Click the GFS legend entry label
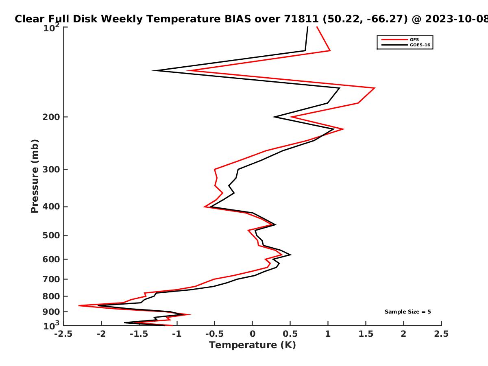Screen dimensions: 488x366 click(x=414, y=39)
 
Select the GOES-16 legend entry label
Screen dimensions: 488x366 click(x=420, y=45)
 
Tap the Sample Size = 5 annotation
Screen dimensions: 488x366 click(x=408, y=312)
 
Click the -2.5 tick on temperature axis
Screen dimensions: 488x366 click(x=63, y=334)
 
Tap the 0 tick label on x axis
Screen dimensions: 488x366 click(x=253, y=334)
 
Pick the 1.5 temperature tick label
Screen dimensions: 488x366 click(x=366, y=334)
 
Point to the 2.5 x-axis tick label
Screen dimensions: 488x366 click(x=441, y=334)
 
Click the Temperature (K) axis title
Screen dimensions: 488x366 click(x=253, y=345)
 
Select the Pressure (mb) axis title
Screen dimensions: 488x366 click(x=35, y=176)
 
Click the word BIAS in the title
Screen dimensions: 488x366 click(x=238, y=19)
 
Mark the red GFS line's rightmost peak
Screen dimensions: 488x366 click(x=375, y=88)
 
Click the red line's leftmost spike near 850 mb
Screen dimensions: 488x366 click(x=79, y=305)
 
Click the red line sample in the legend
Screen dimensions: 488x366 click(x=394, y=39)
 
